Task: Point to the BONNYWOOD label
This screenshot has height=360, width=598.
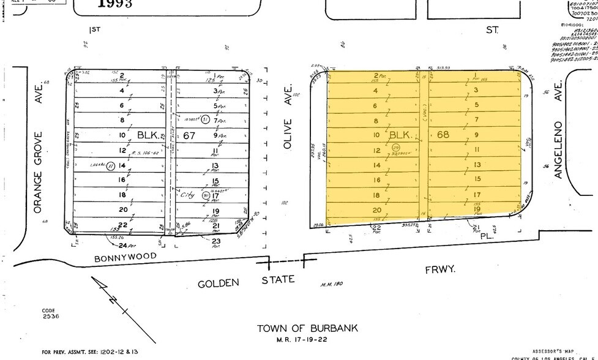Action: (x=125, y=257)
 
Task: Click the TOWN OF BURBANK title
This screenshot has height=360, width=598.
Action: (x=307, y=328)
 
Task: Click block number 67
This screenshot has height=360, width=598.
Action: (x=189, y=135)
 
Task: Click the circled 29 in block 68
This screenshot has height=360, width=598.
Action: (x=396, y=147)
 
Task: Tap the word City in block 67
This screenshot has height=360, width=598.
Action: (x=188, y=195)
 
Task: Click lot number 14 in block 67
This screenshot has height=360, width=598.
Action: (x=122, y=165)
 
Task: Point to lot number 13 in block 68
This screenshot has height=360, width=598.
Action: (x=478, y=165)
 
